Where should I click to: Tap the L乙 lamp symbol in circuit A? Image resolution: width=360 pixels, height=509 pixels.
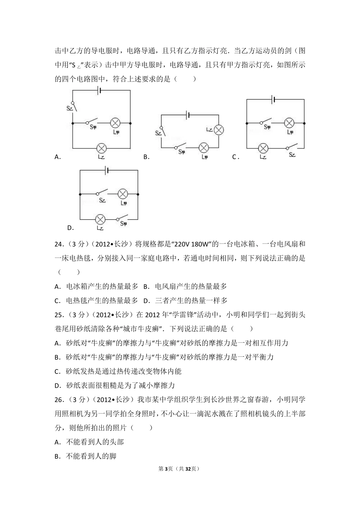coord(101,148)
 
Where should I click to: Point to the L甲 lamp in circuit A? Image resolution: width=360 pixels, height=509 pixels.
coord(115,123)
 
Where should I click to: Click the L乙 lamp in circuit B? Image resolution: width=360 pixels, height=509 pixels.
coord(218,130)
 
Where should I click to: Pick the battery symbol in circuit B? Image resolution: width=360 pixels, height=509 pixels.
coord(188,115)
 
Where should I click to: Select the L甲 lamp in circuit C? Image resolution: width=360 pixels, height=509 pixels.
coord(289,123)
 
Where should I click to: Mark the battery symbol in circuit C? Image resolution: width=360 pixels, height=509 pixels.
coord(273,100)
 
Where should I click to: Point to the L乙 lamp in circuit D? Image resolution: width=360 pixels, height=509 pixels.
coord(100,219)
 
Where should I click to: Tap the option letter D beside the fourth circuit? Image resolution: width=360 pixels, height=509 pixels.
coord(70,228)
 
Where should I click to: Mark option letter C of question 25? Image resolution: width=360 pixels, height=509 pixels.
coord(57,372)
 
